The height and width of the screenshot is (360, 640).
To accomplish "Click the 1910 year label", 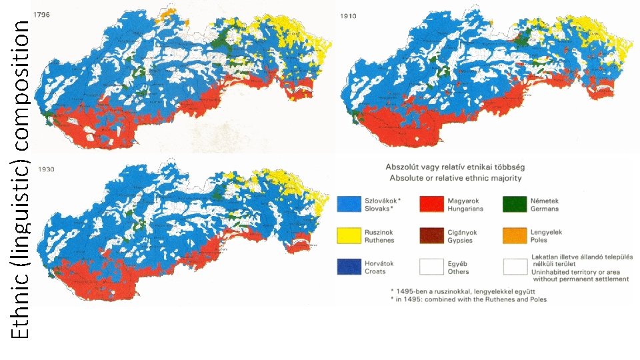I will (347, 16).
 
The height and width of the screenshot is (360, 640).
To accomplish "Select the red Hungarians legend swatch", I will (432, 204).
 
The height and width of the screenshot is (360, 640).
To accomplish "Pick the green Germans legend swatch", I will (515, 204).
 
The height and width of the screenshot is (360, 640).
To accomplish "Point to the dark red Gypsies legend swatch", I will (432, 235).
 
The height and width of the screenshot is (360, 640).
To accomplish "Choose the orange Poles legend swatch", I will (515, 235).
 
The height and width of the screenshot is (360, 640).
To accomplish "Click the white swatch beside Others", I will (432, 267).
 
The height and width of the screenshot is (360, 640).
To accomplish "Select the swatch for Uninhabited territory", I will (515, 267).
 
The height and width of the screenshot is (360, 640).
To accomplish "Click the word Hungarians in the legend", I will (465, 209).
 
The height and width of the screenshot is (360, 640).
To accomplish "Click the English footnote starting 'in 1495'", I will (469, 299).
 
